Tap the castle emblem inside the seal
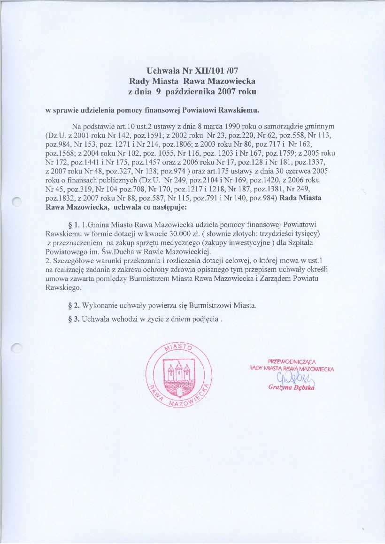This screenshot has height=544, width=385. coord(178,373)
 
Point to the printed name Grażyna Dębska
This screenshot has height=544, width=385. coord(291,388)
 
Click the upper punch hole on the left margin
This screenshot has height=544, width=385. coord(17,201)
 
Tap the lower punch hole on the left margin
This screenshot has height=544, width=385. coord(17,348)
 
